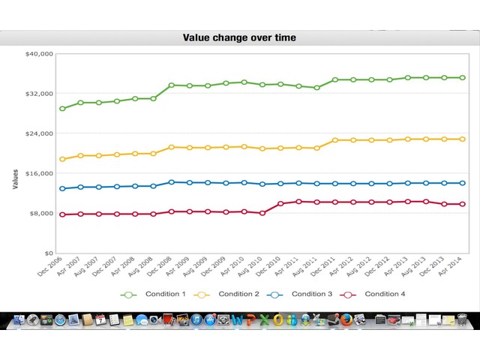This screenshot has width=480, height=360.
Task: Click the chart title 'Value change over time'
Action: coord(239,37)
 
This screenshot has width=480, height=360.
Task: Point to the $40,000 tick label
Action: coord(39,54)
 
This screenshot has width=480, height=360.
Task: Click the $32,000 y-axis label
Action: coord(39,94)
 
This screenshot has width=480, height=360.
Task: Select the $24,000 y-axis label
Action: coord(39,133)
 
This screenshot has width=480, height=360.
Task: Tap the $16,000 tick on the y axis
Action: coord(39,173)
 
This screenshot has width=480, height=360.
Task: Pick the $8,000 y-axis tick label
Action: coord(40,214)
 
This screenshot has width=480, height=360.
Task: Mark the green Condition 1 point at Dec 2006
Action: coord(62,109)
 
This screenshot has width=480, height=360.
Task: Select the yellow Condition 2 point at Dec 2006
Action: coord(62,159)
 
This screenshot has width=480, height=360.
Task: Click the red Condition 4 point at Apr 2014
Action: coord(463,204)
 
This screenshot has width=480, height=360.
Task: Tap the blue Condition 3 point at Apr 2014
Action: coord(463,183)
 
